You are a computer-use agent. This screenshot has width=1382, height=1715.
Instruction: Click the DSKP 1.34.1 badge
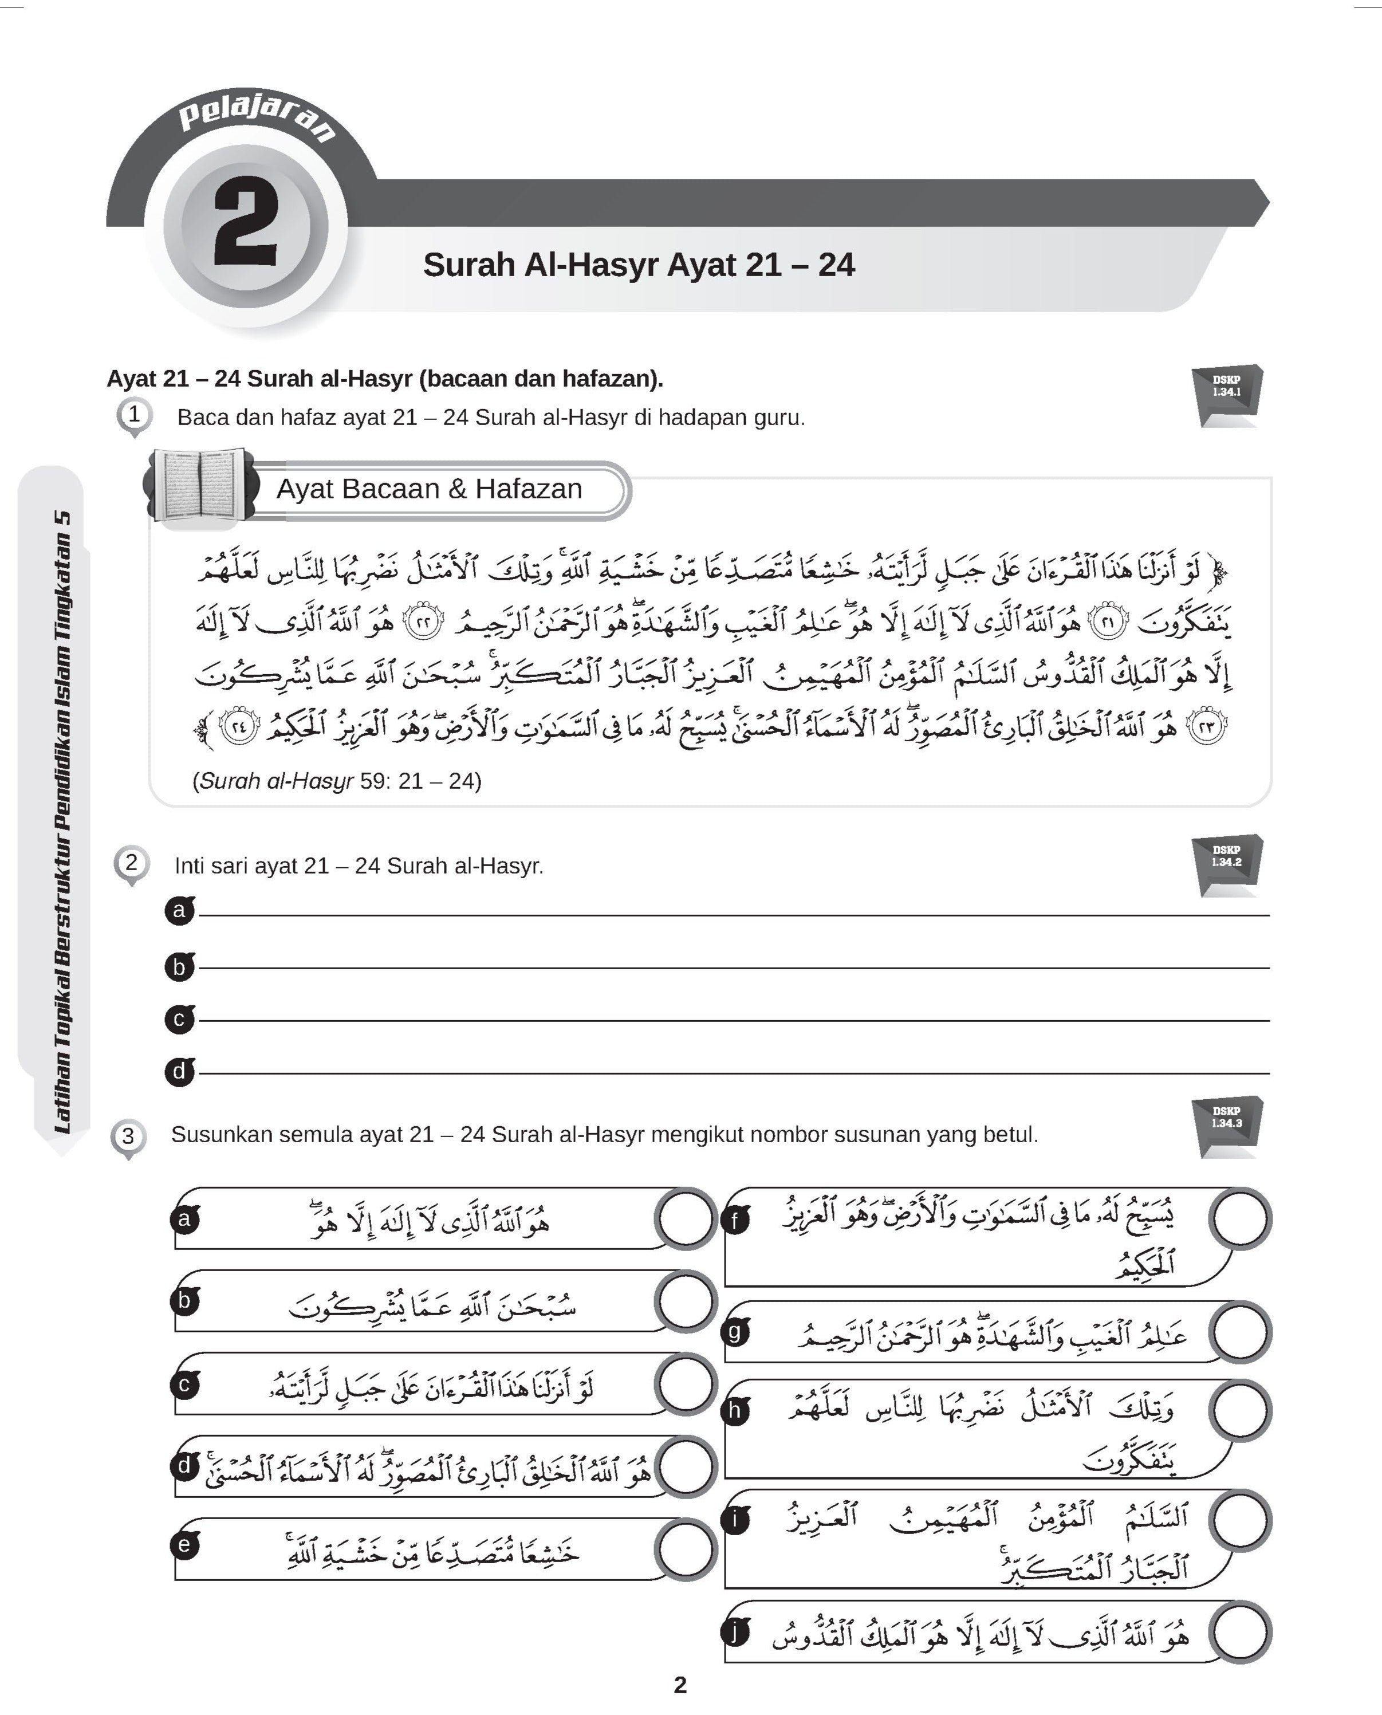1227,394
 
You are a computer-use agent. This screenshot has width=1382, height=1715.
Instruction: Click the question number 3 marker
127,1136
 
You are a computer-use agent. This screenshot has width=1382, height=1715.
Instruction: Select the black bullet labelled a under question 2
180,910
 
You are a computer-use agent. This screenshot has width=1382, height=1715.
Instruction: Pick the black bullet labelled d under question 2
180,1071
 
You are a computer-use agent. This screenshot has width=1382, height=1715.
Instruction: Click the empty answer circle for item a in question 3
684,1218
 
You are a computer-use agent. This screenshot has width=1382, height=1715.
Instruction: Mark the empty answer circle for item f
1239,1218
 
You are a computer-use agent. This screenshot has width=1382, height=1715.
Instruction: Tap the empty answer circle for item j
1239,1632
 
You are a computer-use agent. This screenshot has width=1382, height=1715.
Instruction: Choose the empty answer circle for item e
684,1549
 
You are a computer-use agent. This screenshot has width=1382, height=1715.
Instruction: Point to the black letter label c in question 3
184,1384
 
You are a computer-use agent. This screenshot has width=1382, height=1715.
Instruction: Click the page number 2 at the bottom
680,1685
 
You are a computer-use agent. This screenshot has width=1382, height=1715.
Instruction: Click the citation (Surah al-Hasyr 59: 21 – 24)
337,780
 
